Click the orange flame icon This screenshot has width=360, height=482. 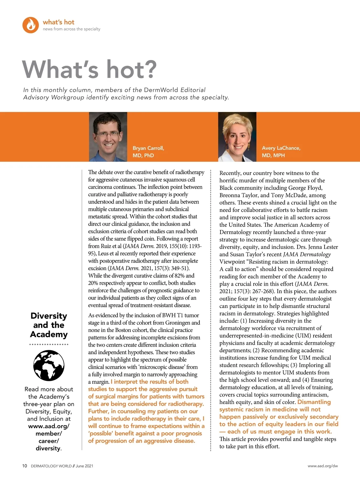[31, 25]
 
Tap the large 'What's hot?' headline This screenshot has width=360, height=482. [89, 69]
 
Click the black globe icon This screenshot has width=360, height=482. [49, 366]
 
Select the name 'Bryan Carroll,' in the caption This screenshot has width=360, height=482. [148, 148]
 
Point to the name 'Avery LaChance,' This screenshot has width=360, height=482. [281, 148]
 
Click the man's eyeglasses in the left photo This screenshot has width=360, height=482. [108, 134]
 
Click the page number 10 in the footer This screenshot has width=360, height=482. [25, 466]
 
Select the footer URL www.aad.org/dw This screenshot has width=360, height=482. [322, 466]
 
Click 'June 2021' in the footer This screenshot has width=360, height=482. [84, 466]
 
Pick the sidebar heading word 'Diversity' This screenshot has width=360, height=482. [49, 316]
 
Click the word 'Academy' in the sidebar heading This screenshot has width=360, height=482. [49, 334]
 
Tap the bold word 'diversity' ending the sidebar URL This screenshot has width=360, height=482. [48, 448]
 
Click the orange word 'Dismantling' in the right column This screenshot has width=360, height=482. [314, 402]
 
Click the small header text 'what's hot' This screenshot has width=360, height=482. [58, 22]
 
